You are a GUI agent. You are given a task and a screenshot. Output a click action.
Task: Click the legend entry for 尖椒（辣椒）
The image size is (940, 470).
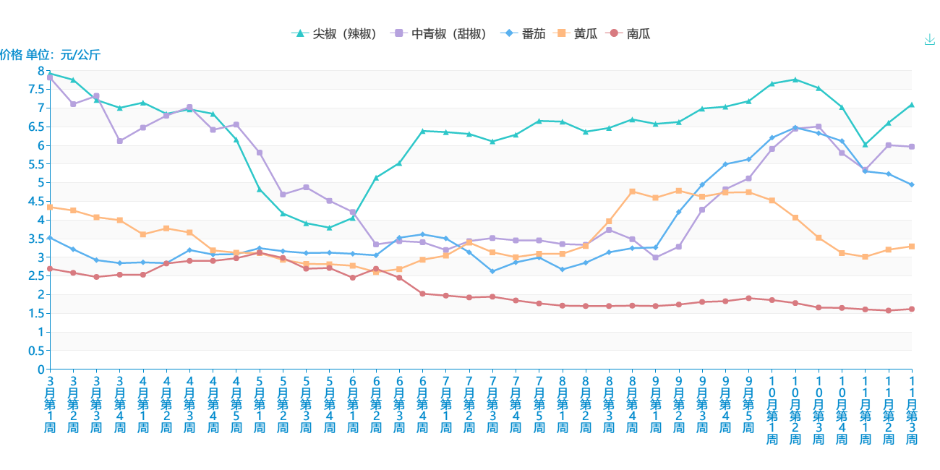336,34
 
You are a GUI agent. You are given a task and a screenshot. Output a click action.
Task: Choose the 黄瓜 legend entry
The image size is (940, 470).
577,34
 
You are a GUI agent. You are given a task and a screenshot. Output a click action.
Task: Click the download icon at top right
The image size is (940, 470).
930,40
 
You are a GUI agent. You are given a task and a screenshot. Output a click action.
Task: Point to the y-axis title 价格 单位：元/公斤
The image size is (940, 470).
50,55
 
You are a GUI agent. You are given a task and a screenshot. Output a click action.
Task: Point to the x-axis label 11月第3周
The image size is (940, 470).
912,409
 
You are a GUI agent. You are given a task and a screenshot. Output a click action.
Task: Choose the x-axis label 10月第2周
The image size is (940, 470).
795,409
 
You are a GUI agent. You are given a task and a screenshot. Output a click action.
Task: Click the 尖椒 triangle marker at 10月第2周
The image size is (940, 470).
795,80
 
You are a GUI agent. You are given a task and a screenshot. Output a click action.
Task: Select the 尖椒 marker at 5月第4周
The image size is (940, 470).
329,228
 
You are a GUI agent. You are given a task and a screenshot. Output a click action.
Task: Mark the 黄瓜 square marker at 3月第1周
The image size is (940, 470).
50,208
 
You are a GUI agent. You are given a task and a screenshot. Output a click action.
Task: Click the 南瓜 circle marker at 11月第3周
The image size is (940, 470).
912,309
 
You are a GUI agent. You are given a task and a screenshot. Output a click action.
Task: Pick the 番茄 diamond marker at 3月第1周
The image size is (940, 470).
50,237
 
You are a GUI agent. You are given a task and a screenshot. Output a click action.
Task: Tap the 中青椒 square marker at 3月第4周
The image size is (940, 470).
119,141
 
